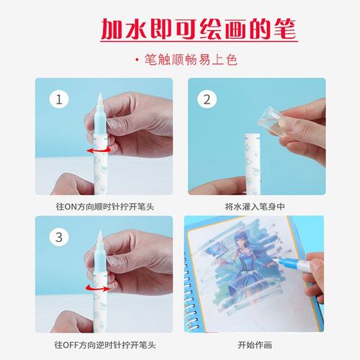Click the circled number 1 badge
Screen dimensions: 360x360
tap(59, 99)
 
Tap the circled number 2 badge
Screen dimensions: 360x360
tap(207, 99)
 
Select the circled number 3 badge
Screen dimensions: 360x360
tap(59, 237)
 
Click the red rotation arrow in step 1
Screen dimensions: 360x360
tap(99, 150)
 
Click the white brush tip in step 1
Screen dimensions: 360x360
tap(100, 101)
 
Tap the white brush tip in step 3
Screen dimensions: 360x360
tap(100, 238)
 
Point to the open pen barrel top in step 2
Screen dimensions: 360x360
tap(252, 136)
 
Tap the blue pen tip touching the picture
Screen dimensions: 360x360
tap(279, 260)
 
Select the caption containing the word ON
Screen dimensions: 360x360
tap(105, 207)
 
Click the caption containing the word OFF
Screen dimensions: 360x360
tap(105, 345)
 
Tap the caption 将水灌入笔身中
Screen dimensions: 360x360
tap(255, 207)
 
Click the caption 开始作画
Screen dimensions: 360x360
tap(255, 345)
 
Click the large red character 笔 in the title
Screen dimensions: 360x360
tap(285, 30)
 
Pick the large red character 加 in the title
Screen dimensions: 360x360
tap(112, 30)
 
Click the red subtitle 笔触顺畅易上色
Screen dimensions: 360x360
tap(191, 60)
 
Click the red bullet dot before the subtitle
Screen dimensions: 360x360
tap(137, 60)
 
